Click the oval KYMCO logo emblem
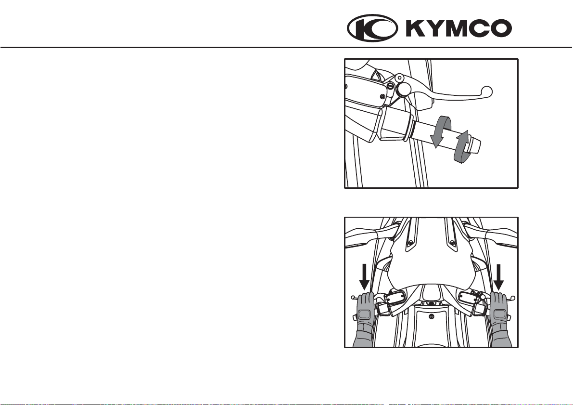[372, 28]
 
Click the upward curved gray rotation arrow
[462, 146]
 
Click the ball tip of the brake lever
[487, 91]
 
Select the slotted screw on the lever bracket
[391, 86]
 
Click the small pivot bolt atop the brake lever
[400, 77]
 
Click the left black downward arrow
[364, 277]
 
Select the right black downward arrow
[499, 277]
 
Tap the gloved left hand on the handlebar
[365, 318]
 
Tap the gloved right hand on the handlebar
[499, 318]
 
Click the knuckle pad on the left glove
[364, 314]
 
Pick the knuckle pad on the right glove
[499, 314]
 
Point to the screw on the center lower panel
[432, 315]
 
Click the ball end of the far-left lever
[353, 298]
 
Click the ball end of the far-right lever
[513, 298]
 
